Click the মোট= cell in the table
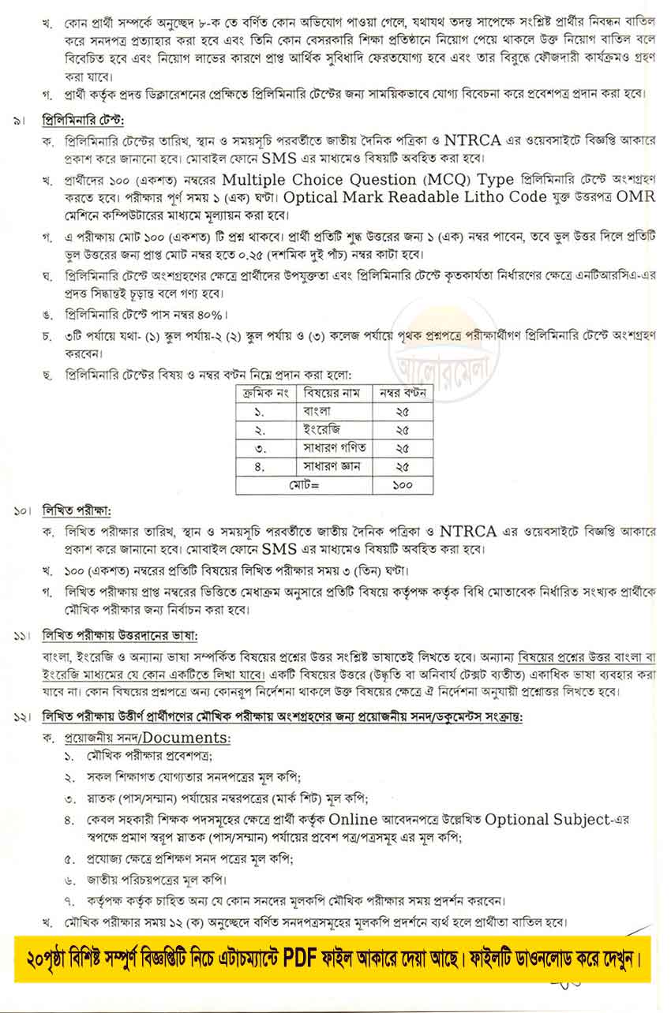coord(303,485)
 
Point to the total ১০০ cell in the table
coord(403,485)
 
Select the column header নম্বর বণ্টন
coord(403,392)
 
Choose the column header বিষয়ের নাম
coord(332,392)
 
